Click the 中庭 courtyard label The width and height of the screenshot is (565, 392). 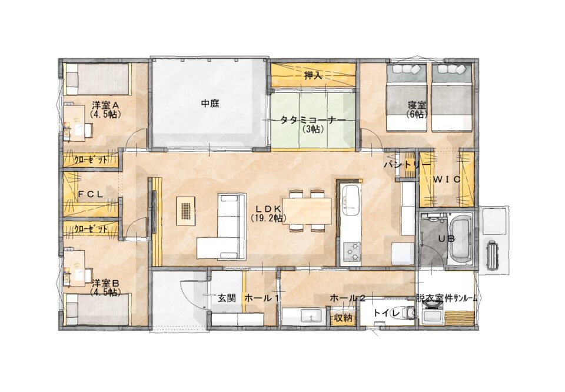(x=210, y=104)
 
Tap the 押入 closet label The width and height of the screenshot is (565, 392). (x=313, y=76)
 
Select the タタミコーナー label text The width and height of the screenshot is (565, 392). (x=313, y=120)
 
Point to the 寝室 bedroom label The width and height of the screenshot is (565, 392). (x=417, y=105)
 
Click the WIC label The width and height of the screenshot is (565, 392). (x=447, y=179)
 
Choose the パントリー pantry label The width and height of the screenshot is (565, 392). (x=407, y=165)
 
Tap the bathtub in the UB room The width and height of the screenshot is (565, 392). (x=460, y=238)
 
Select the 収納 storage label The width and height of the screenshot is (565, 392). (x=343, y=318)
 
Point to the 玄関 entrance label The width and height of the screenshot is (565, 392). (x=227, y=298)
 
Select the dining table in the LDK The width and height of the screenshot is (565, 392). (x=307, y=211)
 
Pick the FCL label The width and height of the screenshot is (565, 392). (x=91, y=194)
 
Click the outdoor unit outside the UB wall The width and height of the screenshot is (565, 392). (x=492, y=255)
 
